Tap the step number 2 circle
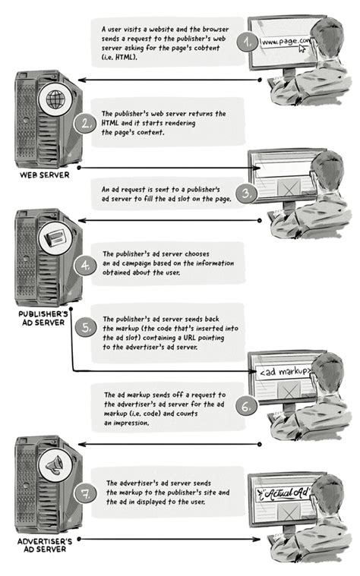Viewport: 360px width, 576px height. click(x=86, y=124)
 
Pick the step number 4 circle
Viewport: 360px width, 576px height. click(x=85, y=265)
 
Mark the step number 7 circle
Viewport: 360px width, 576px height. click(x=86, y=494)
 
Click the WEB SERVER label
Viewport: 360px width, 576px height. click(x=45, y=175)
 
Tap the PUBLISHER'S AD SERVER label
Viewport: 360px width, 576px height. click(x=43, y=318)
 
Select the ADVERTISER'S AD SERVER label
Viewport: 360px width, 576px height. click(x=45, y=545)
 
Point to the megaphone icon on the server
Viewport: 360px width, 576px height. click(x=55, y=465)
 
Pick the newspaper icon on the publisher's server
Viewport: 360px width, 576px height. click(x=55, y=238)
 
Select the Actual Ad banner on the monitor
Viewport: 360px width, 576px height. click(x=283, y=493)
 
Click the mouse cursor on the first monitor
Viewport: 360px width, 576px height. click(x=302, y=48)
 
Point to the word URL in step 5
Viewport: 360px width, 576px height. click(x=189, y=338)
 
